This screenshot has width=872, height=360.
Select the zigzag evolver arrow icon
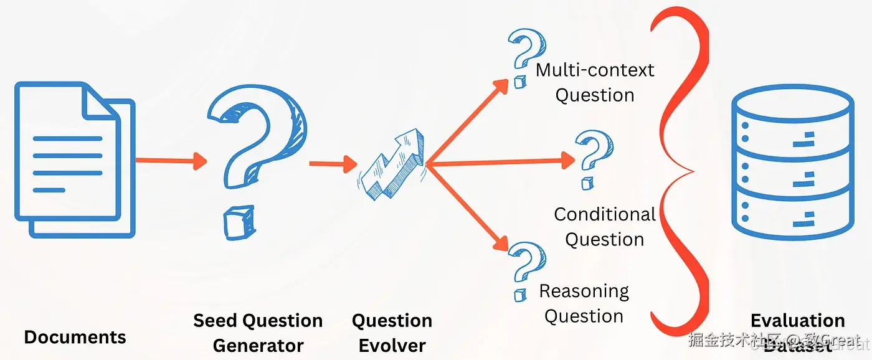[393, 165]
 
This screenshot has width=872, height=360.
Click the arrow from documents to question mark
[170, 160]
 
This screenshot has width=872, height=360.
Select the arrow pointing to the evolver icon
[333, 164]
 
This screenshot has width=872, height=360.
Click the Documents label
[75, 337]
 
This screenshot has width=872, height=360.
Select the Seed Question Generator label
[258, 333]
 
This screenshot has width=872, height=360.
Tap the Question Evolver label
[392, 333]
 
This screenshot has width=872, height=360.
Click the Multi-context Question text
[595, 82]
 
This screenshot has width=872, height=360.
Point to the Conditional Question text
[604, 227]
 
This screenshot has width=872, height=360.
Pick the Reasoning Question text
[584, 303]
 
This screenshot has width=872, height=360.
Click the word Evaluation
[797, 321]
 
